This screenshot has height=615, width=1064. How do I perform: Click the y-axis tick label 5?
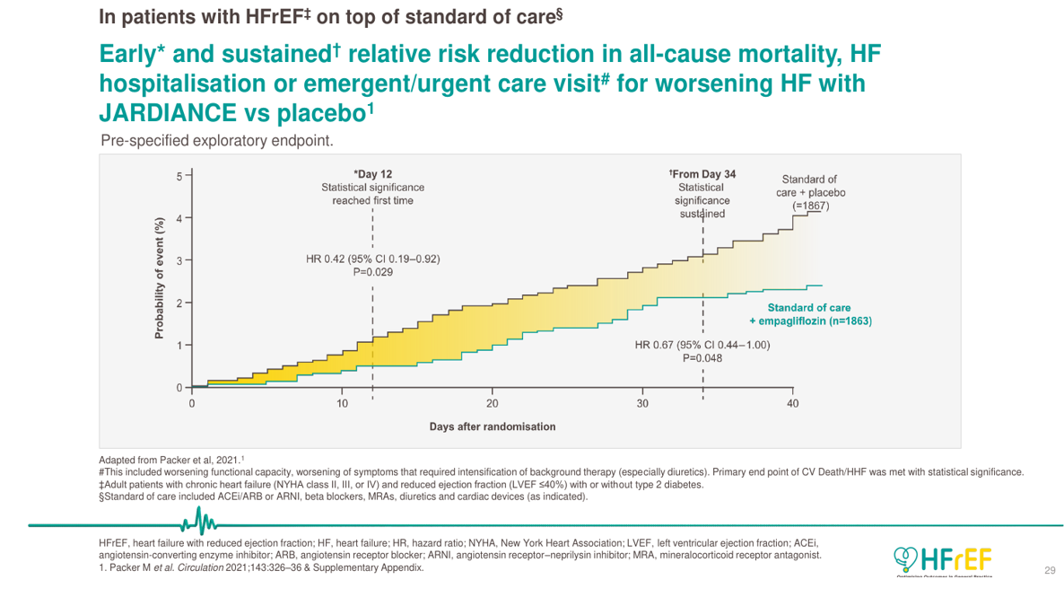pyautogui.click(x=179, y=176)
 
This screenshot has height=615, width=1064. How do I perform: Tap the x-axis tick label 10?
pyautogui.click(x=342, y=404)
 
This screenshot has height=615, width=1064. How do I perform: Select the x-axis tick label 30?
pyautogui.click(x=642, y=404)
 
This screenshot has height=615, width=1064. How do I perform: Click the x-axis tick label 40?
pyautogui.click(x=792, y=404)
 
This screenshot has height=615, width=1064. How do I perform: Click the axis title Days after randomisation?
pyautogui.click(x=492, y=426)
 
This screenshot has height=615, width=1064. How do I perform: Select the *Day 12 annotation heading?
pyautogui.click(x=372, y=174)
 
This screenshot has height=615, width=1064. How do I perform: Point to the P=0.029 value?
pyautogui.click(x=372, y=273)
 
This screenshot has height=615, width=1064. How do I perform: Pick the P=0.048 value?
pyautogui.click(x=702, y=357)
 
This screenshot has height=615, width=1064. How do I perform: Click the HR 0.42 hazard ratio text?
pyautogui.click(x=372, y=259)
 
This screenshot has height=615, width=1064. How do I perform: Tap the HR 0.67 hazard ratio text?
pyautogui.click(x=702, y=345)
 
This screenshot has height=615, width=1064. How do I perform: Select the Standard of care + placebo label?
pyautogui.click(x=811, y=192)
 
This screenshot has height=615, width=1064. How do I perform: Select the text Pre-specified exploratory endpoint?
pyautogui.click(x=217, y=140)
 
